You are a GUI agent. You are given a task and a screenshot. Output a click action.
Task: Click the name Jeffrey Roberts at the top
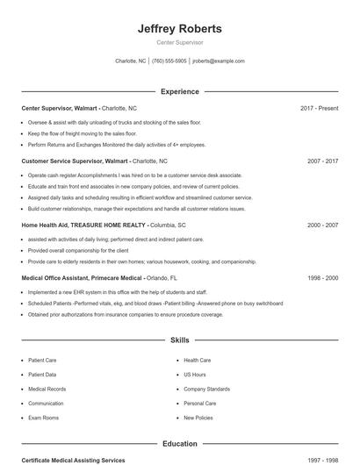coord(179,28)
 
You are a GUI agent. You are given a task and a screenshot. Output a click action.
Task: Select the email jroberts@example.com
coord(219,61)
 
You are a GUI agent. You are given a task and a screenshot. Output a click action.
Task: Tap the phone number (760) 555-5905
coord(169,61)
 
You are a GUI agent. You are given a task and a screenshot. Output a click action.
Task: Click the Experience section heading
coord(179,91)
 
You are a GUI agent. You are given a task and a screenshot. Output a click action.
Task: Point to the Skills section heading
coord(179,340)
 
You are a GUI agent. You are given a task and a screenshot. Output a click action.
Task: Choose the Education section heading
coord(179,444)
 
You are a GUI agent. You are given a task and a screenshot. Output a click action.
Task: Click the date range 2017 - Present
coord(319,108)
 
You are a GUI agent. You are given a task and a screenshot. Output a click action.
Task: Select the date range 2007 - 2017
coord(322,161)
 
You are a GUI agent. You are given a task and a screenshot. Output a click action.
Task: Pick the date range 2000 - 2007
coord(322,225)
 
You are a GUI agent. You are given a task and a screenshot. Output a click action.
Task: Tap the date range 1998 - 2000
coord(322,278)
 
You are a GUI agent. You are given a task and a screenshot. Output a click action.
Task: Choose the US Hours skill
coord(195,375)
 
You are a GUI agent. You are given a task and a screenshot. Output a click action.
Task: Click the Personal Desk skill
coord(200,404)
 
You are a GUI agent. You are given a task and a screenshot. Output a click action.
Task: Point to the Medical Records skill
coord(47,389)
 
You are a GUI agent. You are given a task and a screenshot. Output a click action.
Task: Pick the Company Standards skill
coord(206,389)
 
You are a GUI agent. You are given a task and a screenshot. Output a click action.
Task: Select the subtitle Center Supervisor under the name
coord(179,42)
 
